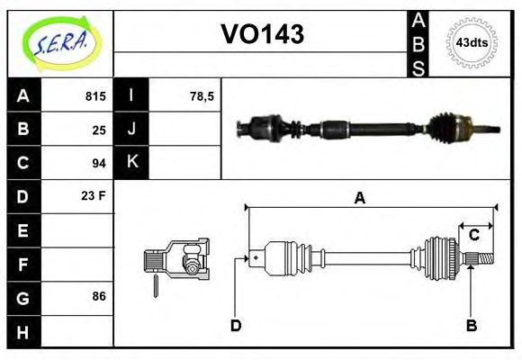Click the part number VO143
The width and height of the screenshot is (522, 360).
pyautogui.click(x=262, y=34)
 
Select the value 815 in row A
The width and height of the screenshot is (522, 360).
pyautogui.click(x=95, y=95)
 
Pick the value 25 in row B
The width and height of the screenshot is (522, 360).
pyautogui.click(x=99, y=129)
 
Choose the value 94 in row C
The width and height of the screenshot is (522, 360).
pyautogui.click(x=99, y=163)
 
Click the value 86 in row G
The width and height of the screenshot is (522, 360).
pyautogui.click(x=99, y=295)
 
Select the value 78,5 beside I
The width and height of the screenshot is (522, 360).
pyautogui.click(x=202, y=95)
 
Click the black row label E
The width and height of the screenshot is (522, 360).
pyautogui.click(x=23, y=230)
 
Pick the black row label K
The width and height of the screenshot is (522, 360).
pyautogui.click(x=132, y=163)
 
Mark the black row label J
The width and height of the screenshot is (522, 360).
pyautogui.click(x=132, y=129)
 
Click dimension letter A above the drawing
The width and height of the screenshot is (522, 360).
pyautogui.click(x=359, y=199)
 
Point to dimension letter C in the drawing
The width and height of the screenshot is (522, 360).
pyautogui.click(x=473, y=236)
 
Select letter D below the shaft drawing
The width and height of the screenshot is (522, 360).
pyautogui.click(x=236, y=325)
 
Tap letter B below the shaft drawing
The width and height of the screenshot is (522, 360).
pyautogui.click(x=471, y=325)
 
